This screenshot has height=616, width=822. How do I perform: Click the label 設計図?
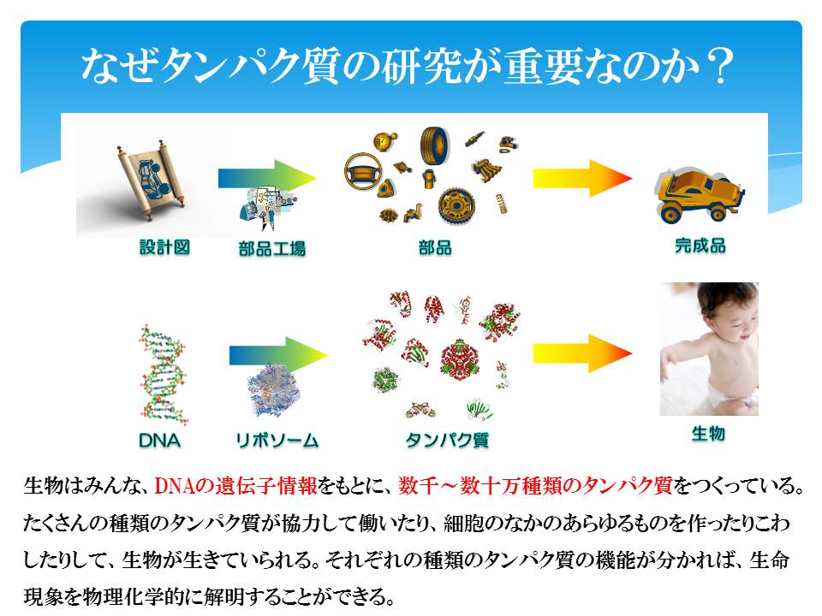[164, 246]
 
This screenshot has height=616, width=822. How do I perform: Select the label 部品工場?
[271, 248]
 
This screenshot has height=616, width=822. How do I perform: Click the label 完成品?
[700, 246]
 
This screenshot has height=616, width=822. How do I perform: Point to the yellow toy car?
[700, 194]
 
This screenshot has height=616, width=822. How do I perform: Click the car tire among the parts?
[435, 144]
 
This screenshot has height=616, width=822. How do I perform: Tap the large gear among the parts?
[456, 206]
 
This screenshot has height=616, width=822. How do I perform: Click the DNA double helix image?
[163, 374]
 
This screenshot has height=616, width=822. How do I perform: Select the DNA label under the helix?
[159, 441]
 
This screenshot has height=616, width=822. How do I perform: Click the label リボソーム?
[277, 441]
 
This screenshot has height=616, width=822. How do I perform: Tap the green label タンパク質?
[447, 440]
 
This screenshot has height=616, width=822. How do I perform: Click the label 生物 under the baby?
[708, 434]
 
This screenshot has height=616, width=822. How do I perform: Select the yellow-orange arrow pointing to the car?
[582, 179]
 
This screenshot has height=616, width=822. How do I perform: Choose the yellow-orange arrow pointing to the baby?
[582, 353]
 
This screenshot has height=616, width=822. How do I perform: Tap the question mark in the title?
[718, 67]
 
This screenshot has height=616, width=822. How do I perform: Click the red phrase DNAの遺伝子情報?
[236, 486]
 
